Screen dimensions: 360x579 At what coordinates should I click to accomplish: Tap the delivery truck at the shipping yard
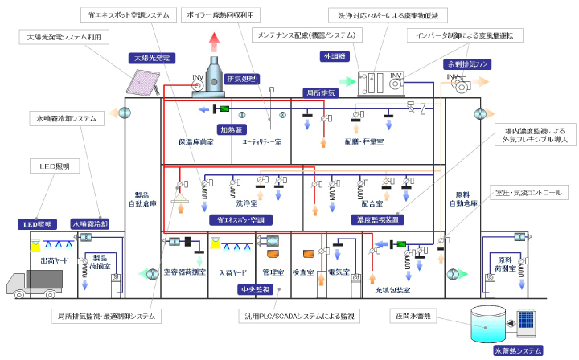35,283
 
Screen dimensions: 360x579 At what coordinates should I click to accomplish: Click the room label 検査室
302,272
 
